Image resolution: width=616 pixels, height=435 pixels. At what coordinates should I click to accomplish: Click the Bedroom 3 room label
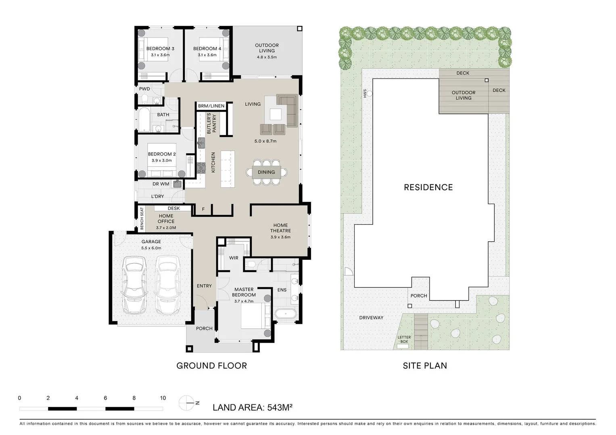(160, 49)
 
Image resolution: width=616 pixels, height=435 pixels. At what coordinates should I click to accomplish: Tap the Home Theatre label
(280, 228)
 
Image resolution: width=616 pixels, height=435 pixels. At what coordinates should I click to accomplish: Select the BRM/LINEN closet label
(211, 106)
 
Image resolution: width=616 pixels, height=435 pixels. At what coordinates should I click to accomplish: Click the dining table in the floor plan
(266, 172)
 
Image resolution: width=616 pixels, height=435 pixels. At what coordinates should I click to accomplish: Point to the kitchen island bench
(228, 169)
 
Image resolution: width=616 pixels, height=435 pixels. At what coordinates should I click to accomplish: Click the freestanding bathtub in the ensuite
(286, 314)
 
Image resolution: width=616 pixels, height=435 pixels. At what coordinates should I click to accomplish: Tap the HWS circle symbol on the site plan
(370, 93)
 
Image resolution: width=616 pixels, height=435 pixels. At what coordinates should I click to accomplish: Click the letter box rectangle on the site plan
(403, 346)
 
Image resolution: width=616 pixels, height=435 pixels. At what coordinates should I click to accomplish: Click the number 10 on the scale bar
(163, 398)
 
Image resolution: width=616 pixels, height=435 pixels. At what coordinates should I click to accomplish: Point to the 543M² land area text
(280, 407)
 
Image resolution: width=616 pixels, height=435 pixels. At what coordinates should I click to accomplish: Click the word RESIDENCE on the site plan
(428, 187)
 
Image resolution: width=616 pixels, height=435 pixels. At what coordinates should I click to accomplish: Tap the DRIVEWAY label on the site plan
(371, 318)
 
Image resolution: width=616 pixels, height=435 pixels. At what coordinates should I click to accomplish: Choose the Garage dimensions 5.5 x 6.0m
(151, 248)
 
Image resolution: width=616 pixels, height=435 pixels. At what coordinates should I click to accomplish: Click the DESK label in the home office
(174, 209)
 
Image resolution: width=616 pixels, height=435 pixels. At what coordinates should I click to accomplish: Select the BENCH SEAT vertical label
(142, 219)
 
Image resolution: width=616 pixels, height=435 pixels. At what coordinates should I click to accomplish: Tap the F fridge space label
(203, 209)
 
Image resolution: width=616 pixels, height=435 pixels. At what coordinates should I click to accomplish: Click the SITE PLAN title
(425, 366)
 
